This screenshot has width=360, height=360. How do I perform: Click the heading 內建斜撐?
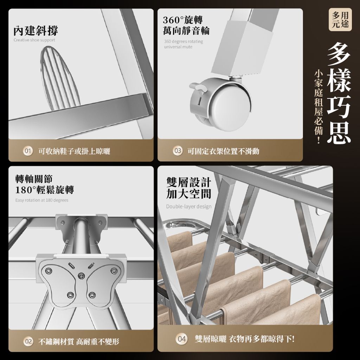pos(36,31)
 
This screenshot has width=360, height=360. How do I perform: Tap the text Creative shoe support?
pos(34,40)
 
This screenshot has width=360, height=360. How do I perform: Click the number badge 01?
pos(28,151)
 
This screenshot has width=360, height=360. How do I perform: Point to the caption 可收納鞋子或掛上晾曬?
pos(74,151)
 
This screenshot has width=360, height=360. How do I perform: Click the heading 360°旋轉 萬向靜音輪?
pos(186,25)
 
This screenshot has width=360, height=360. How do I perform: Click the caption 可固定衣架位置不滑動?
pos(223,151)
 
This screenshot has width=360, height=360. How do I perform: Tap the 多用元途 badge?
pos(340,20)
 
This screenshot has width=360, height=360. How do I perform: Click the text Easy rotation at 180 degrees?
pos(41,200)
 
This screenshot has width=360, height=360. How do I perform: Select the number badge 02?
pos(28,341)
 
